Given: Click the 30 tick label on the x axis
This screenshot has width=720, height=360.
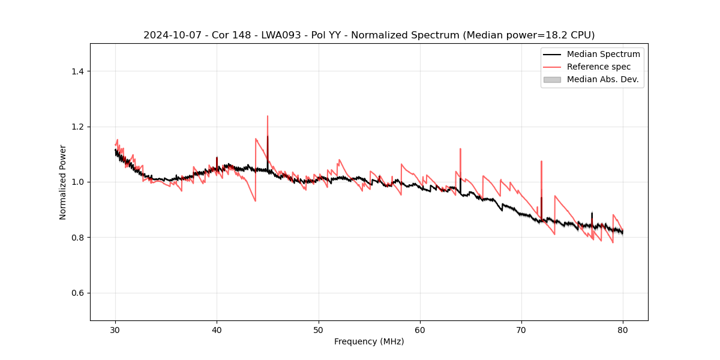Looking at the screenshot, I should [x=115, y=330].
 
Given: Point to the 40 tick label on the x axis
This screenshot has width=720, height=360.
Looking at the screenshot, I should [x=217, y=330].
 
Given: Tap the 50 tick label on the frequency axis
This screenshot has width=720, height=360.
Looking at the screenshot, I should [x=319, y=330].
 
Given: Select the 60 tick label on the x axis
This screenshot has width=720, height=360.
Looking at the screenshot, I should [x=420, y=330].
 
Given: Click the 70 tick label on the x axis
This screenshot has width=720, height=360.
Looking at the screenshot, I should [x=521, y=330].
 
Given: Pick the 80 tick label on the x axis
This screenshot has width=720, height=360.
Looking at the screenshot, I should [x=623, y=330].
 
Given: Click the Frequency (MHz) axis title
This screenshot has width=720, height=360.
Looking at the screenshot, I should [x=369, y=341].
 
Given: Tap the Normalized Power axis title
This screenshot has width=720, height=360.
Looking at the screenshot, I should [x=62, y=182].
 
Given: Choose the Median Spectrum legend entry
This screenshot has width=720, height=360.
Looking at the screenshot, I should [x=603, y=54].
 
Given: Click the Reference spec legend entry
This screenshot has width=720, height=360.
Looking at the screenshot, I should [x=598, y=67].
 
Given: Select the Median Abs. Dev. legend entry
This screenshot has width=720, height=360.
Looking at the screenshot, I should [x=602, y=79].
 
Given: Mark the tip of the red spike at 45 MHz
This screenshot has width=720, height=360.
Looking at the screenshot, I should [x=268, y=116].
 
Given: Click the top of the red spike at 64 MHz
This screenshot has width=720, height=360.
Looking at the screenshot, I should [x=460, y=149].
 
